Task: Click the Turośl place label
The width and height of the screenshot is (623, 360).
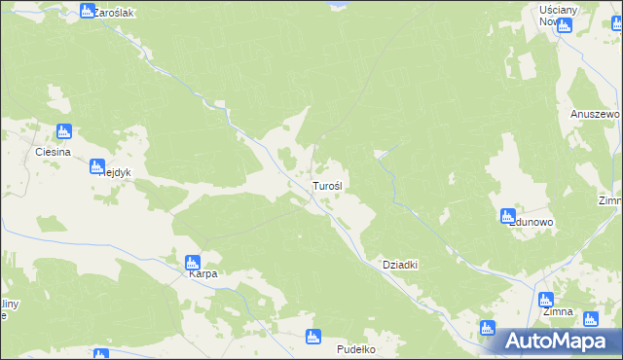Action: [326, 185]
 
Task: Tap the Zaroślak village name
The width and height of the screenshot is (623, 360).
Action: [114, 13]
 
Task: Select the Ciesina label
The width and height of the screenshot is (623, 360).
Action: [53, 153]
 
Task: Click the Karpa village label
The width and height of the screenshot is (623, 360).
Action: [202, 274]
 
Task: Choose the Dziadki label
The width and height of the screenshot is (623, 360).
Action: [399, 265]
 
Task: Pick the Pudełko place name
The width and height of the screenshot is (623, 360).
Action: [355, 348]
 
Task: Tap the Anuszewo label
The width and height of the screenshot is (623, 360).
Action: [594, 113]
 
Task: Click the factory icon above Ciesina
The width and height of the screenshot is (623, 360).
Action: [64, 132]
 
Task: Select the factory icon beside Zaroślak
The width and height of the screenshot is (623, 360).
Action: [87, 12]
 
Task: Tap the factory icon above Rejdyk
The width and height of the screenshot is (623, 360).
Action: [97, 165]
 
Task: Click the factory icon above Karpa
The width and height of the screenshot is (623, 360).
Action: [193, 261]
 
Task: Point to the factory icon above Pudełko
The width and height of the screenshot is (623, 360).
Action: [312, 337]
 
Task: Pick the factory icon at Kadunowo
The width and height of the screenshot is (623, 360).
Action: [507, 216]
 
